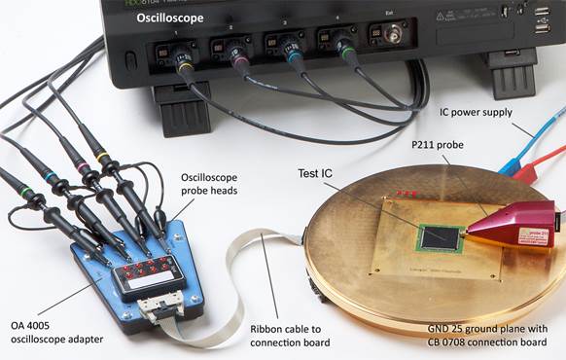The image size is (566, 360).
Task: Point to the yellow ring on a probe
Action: (102, 157)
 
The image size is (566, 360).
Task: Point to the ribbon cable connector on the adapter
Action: (158, 309)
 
